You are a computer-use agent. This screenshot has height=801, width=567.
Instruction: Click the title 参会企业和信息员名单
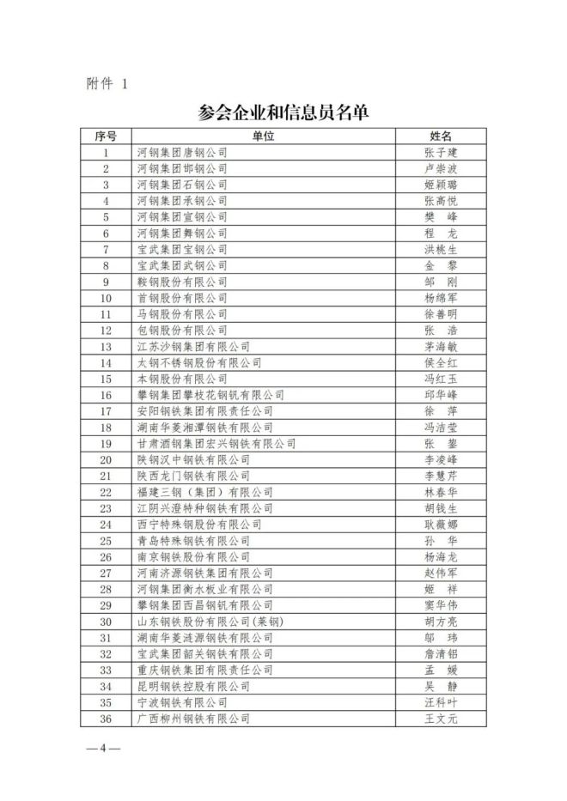click(x=283, y=112)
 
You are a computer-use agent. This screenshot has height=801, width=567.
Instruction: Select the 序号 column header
click(x=106, y=136)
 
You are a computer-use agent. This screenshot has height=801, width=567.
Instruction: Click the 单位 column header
click(x=263, y=136)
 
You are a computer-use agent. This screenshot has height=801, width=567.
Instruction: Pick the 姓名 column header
click(x=441, y=136)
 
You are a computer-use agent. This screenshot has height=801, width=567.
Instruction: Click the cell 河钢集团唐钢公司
click(x=182, y=152)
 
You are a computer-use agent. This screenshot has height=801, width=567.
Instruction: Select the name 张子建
click(x=441, y=152)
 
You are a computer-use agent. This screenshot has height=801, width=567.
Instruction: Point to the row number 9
click(x=106, y=282)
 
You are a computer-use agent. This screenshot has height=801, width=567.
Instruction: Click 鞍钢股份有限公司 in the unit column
click(x=182, y=282)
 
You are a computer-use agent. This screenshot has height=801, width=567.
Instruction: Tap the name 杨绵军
click(x=441, y=298)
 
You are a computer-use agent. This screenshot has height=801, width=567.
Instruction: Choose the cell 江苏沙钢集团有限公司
click(x=193, y=347)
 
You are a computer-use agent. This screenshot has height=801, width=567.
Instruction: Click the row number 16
click(x=106, y=395)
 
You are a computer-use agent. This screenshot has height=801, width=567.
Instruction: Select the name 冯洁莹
click(x=441, y=428)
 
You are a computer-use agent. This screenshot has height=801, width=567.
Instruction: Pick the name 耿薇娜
click(x=441, y=525)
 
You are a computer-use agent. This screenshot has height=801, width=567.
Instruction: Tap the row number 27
click(x=106, y=573)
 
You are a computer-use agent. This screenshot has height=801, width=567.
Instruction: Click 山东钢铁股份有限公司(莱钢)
click(x=210, y=622)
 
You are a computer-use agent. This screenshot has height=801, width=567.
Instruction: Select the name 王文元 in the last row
click(x=441, y=719)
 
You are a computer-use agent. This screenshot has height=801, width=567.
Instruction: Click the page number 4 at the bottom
click(x=102, y=748)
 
